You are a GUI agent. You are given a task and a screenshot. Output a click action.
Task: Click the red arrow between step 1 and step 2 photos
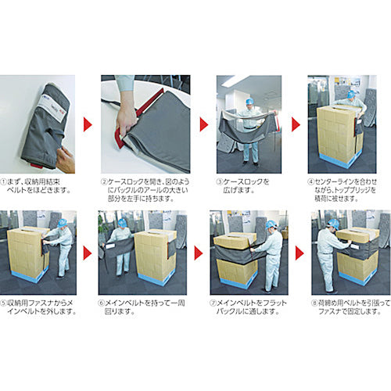click(x=87, y=123)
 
